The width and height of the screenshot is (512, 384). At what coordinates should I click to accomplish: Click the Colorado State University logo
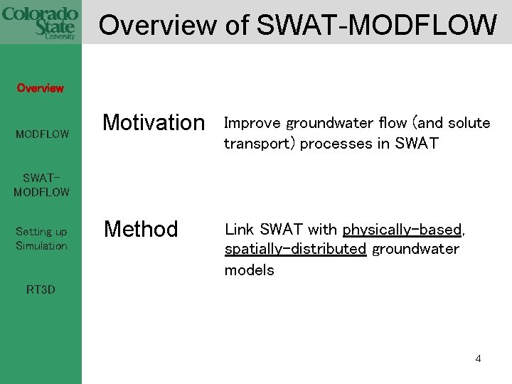coord(41,22)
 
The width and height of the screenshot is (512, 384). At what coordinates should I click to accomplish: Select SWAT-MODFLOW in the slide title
coord(376,26)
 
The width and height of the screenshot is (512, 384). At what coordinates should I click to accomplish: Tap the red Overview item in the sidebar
coord(41,88)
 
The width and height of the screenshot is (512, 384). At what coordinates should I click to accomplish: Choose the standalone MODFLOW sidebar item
coord(42,134)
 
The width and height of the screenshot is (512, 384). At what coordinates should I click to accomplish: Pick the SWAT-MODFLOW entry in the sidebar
coord(41,185)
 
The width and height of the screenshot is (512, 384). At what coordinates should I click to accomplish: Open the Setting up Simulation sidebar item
coord(41,239)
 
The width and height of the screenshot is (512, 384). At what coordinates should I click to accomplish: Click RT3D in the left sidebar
coord(41,289)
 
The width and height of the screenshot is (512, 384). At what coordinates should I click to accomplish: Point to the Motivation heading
coord(153,123)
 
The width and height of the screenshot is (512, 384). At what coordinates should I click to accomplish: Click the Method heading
coord(141,230)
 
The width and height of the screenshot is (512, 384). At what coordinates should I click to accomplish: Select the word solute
coord(469,124)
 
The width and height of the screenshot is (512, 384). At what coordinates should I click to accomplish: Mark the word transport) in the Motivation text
coord(260,144)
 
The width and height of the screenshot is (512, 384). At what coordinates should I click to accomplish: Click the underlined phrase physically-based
coord(402,230)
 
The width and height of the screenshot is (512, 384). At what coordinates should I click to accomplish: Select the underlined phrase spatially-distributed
coord(295,250)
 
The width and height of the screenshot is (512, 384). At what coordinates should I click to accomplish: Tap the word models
coord(249,270)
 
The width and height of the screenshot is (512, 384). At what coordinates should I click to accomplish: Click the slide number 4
coord(478,358)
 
